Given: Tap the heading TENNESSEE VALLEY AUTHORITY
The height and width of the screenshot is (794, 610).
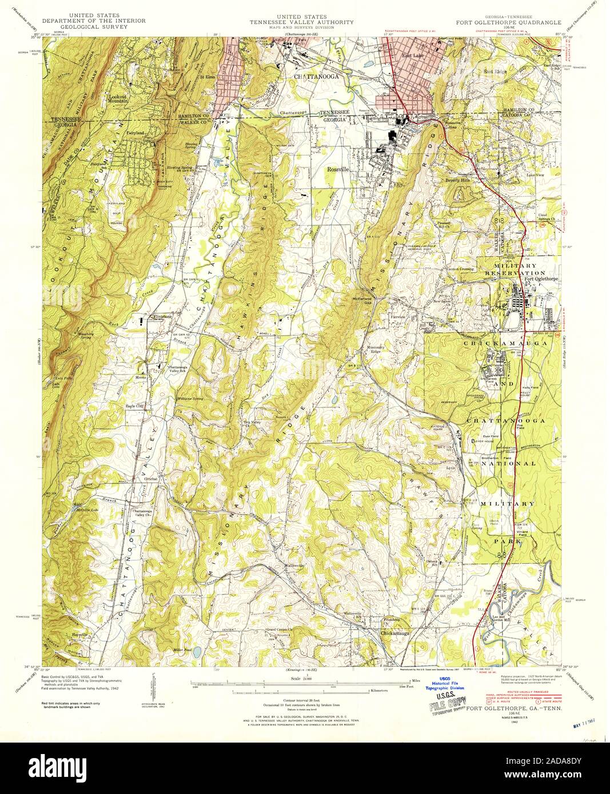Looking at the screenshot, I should (301, 22).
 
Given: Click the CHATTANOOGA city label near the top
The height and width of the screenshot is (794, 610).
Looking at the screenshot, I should (317, 75).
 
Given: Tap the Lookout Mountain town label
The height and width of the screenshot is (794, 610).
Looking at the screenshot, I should (122, 99).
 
